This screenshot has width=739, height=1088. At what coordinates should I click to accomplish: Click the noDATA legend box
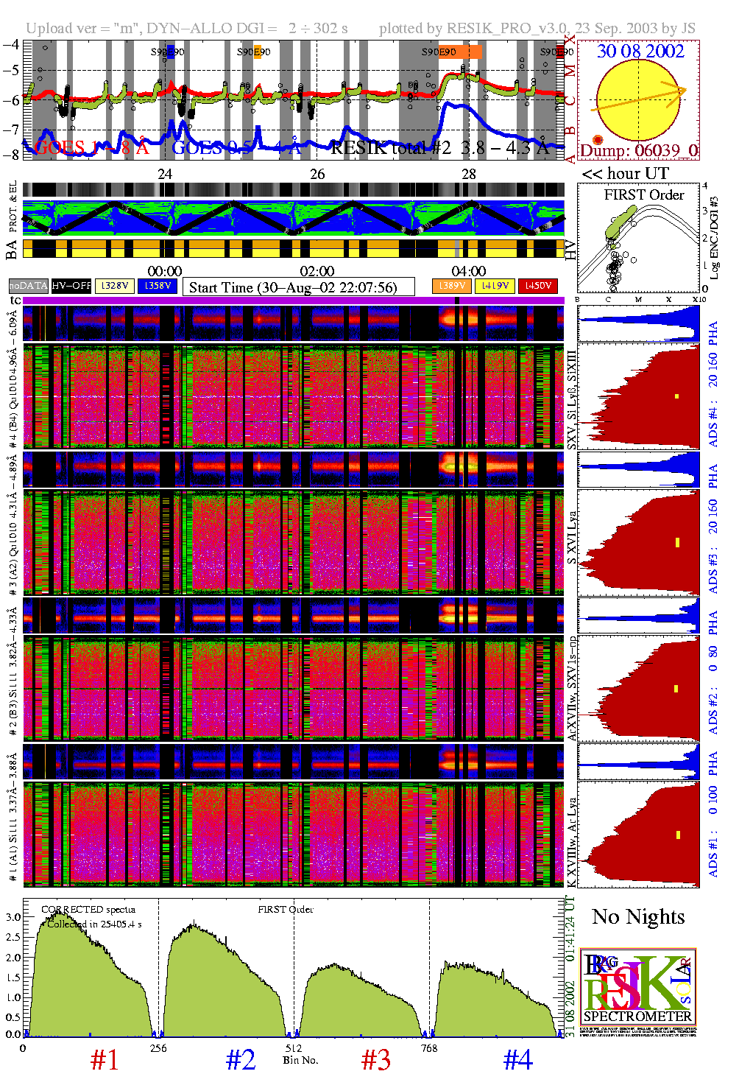pyautogui.click(x=28, y=285)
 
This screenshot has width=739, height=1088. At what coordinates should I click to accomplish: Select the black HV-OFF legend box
pyautogui.click(x=71, y=285)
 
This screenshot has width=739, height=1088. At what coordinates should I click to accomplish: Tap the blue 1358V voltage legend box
pyautogui.click(x=158, y=285)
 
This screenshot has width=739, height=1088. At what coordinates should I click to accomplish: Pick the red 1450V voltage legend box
pyautogui.click(x=538, y=285)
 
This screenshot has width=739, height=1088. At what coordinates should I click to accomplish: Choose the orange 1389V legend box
pyautogui.click(x=451, y=285)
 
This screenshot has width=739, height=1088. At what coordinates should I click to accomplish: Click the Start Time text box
pyautogui.click(x=298, y=287)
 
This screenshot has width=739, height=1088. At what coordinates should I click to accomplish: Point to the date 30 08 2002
pyautogui.click(x=640, y=51)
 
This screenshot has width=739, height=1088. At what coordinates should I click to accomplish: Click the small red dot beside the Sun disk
pyautogui.click(x=598, y=140)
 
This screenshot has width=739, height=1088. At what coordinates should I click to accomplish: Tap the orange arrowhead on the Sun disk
pyautogui.click(x=681, y=90)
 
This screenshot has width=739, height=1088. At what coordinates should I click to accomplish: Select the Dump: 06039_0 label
pyautogui.click(x=638, y=151)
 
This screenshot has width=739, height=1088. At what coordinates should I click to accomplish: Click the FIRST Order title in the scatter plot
pyautogui.click(x=644, y=195)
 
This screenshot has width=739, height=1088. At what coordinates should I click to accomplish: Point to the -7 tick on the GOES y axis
pyautogui.click(x=11, y=129)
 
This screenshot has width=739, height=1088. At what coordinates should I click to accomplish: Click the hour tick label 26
pyautogui.click(x=317, y=174)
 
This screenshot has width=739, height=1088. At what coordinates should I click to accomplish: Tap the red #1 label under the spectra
pyautogui.click(x=105, y=1060)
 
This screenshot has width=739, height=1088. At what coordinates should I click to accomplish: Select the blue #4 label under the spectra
pyautogui.click(x=517, y=1060)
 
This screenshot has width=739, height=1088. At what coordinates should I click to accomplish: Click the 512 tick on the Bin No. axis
pyautogui.click(x=294, y=1048)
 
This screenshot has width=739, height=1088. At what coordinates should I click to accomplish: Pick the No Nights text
pyautogui.click(x=638, y=917)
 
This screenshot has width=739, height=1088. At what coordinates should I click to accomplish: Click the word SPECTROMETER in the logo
pyautogui.click(x=637, y=1016)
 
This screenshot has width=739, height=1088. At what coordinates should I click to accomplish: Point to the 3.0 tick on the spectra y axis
pyautogui.click(x=13, y=917)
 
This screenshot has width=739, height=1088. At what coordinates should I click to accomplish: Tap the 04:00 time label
pyautogui.click(x=469, y=271)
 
